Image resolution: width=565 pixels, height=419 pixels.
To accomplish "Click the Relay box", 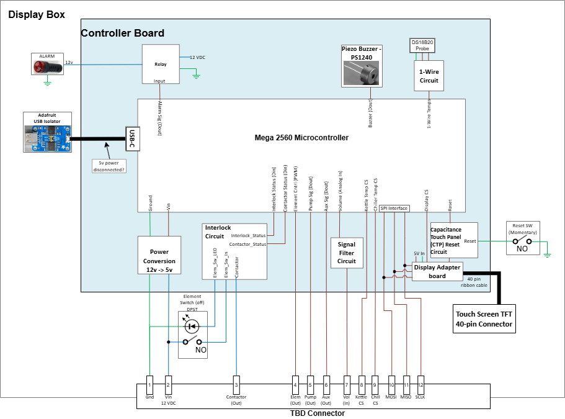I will coord(160,64).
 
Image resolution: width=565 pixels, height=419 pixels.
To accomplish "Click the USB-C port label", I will coord(131,138).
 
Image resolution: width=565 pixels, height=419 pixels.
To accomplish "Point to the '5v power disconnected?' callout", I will coord(109,166).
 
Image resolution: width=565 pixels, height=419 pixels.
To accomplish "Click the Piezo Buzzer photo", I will coord(362,74).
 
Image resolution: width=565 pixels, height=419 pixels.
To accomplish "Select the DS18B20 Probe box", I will coord(422,46).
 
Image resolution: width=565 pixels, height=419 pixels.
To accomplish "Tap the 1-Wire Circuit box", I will coord(429,76).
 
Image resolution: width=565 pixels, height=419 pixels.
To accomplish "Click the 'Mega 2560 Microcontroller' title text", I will coord(301,138).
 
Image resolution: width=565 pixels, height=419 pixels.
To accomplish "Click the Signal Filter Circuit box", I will coord(346,253).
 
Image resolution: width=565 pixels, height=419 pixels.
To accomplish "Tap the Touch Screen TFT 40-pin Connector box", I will coord(484,318).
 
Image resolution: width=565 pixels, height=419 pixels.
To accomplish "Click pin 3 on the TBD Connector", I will coord(236,384).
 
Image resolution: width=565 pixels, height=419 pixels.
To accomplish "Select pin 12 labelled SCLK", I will coord(420,384).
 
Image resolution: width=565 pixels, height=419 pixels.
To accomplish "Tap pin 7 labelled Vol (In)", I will coord(347,384).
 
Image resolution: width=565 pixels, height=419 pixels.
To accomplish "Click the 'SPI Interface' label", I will coord(394,209).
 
